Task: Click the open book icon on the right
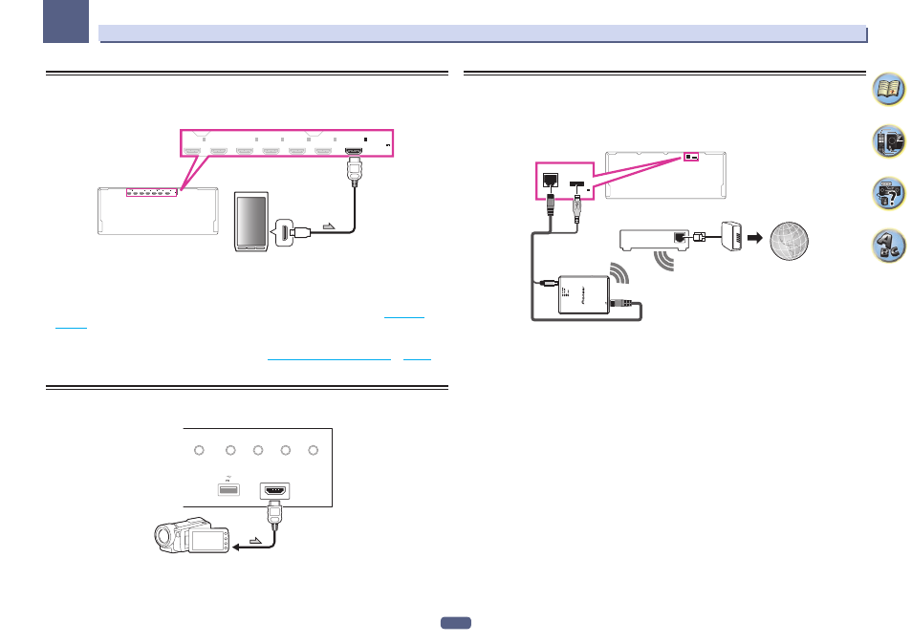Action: pyautogui.click(x=888, y=92)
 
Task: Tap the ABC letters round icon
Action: pyautogui.click(x=888, y=247)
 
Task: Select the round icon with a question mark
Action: pyautogui.click(x=888, y=194)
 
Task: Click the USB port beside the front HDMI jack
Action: pyautogui.click(x=226, y=490)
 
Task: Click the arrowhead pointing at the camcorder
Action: pyautogui.click(x=230, y=547)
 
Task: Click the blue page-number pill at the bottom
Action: pyautogui.click(x=456, y=624)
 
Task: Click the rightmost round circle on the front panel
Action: pyautogui.click(x=313, y=451)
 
